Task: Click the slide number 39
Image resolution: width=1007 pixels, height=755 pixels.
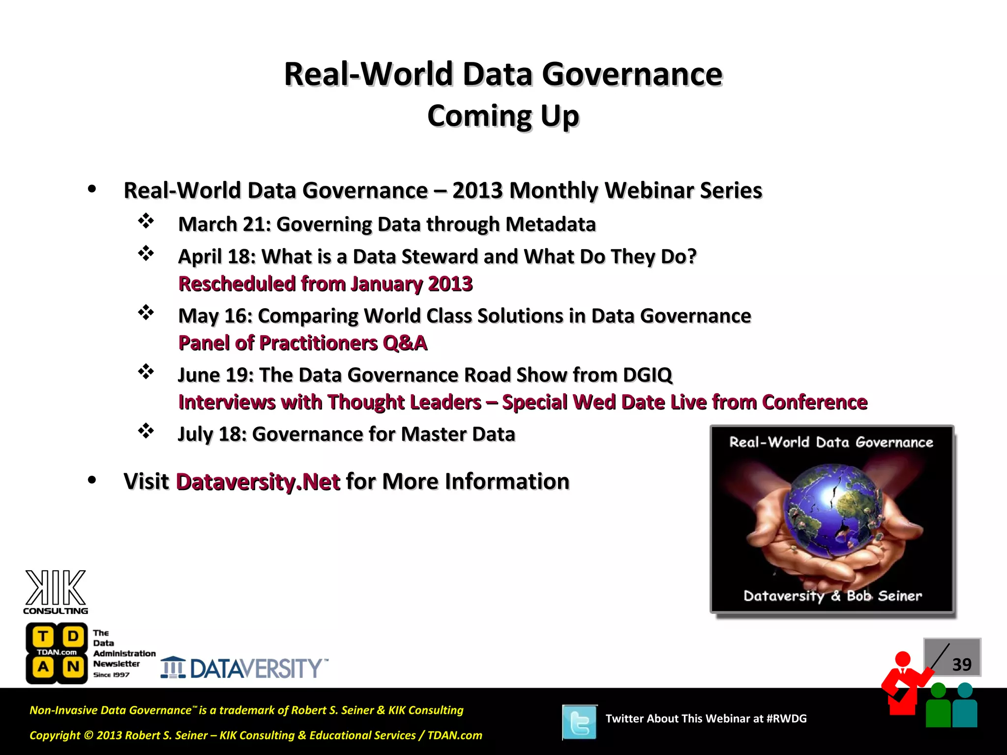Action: pyautogui.click(x=962, y=665)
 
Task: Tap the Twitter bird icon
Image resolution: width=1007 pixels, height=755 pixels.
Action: pyautogui.click(x=580, y=722)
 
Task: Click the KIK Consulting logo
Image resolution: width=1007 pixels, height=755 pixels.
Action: pyautogui.click(x=56, y=592)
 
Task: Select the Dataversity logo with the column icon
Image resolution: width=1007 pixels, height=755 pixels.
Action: pyautogui.click(x=244, y=668)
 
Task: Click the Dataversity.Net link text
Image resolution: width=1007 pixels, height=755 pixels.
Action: pyautogui.click(x=258, y=482)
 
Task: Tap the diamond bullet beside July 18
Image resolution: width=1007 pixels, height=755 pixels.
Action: pyautogui.click(x=146, y=431)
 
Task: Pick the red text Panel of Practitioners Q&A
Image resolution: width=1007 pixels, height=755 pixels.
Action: pyautogui.click(x=302, y=343)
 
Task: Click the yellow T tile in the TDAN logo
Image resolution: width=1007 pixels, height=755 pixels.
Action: pyautogui.click(x=43, y=637)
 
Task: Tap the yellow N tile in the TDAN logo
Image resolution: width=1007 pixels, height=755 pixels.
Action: pyautogui.click(x=73, y=667)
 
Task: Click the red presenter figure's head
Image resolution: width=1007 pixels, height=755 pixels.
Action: pyautogui.click(x=902, y=659)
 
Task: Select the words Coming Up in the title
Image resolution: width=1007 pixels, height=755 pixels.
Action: pyautogui.click(x=503, y=116)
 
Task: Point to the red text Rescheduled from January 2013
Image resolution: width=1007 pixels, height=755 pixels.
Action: pyautogui.click(x=325, y=284)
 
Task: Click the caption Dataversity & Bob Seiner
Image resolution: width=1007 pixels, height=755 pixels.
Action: pyautogui.click(x=832, y=596)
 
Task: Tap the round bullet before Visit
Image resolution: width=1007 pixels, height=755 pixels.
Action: pyautogui.click(x=92, y=480)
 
